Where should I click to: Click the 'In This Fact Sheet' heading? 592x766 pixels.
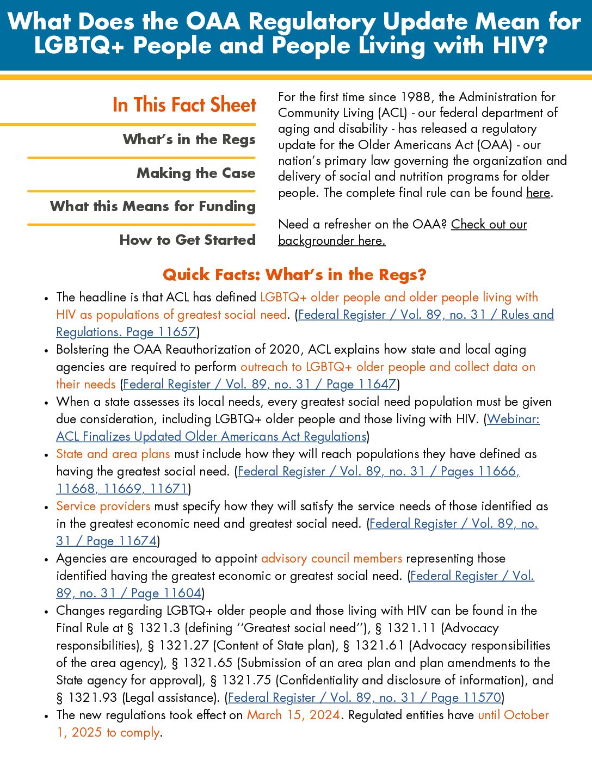[184, 104]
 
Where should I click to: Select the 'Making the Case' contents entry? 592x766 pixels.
[196, 173]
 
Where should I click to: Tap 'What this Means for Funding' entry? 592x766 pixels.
[153, 206]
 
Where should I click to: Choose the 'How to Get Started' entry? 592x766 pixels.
[187, 240]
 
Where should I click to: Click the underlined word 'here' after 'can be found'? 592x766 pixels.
[538, 193]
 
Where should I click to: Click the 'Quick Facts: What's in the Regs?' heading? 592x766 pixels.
[294, 275]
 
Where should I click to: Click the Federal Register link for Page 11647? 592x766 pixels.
[260, 384]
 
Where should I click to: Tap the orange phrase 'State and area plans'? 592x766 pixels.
[113, 454]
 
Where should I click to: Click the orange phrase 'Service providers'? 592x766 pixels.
[103, 506]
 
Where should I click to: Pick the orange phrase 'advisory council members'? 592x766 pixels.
[331, 558]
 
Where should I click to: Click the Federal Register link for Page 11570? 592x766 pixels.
[365, 697]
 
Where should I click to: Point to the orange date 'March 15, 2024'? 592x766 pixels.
[294, 715]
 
